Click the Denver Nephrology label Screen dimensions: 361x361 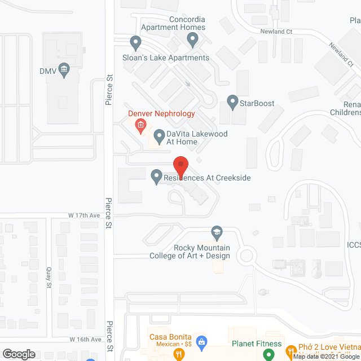pos(161,113)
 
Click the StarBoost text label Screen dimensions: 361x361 pos(257,103)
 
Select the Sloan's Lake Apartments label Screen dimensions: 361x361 pos(166,58)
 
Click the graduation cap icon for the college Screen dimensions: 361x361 pos(217,232)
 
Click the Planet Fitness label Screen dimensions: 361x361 pos(257,344)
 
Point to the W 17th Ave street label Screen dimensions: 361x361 pos(84,215)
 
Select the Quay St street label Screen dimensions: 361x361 pos(49,277)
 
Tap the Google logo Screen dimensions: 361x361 pos(19,354)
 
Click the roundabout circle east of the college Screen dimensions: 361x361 pos(246,256)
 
